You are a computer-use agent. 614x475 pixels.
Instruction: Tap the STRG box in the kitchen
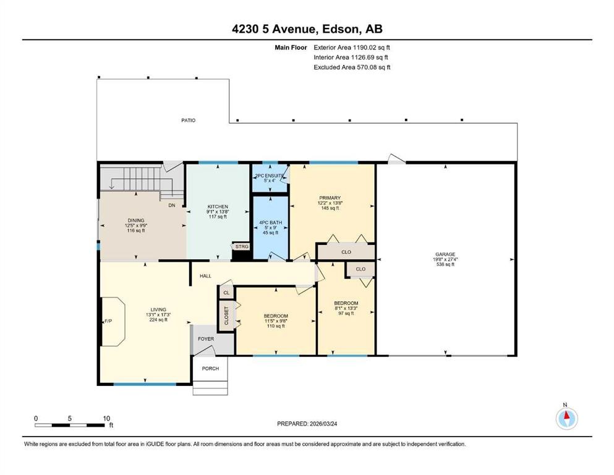pos(241,246)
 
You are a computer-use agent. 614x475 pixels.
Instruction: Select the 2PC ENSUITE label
pos(270,176)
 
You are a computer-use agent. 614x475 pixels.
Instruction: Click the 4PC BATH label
pos(270,222)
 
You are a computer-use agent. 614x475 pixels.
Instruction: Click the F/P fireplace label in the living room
pos(108,322)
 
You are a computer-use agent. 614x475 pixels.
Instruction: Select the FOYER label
pos(206,339)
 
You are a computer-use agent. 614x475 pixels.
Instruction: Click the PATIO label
pos(188,120)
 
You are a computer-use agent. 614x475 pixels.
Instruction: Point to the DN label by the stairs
pos(173,205)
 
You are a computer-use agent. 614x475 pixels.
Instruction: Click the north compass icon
pos(566,419)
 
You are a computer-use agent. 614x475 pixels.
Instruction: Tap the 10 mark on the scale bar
pos(106,417)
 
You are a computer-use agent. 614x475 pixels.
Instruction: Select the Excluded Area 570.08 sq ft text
pos(351,67)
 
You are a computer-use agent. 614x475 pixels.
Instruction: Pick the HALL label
pos(205,276)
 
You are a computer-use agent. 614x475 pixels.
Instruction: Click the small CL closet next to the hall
pos(226,293)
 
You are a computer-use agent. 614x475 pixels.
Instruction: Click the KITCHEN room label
pos(217,207)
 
